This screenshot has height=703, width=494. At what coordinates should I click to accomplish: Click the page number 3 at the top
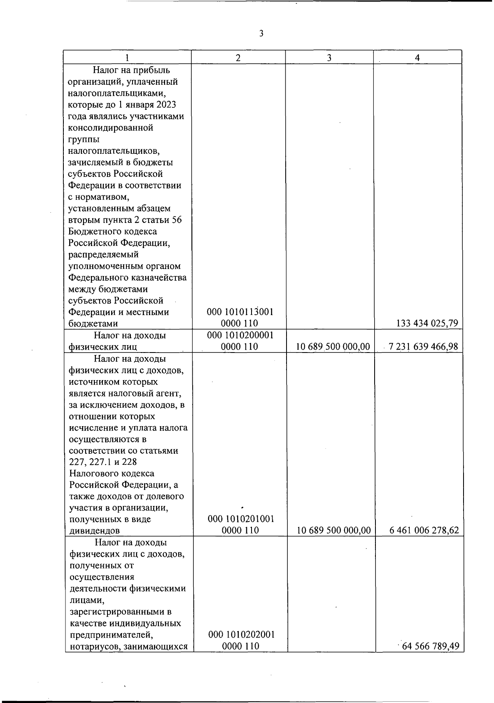[261, 34]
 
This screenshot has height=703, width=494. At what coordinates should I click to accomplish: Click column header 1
[127, 58]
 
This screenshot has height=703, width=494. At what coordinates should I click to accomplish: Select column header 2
[238, 58]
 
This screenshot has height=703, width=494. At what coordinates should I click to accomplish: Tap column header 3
[329, 58]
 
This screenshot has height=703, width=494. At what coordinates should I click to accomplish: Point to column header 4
[417, 58]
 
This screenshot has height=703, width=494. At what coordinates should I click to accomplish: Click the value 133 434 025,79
[427, 323]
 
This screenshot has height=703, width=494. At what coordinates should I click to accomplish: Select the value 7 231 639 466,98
[423, 347]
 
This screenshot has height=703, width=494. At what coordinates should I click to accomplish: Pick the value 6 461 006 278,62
[424, 531]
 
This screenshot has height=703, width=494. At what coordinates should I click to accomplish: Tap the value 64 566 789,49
[431, 646]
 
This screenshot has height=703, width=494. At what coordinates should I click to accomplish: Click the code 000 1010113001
[240, 312]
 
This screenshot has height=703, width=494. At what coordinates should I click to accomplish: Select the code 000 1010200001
[240, 335]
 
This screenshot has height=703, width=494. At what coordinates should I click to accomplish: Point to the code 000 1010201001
[241, 519]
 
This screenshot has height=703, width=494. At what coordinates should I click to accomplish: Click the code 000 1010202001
[241, 635]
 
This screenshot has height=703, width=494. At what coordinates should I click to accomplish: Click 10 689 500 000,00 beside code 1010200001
[333, 347]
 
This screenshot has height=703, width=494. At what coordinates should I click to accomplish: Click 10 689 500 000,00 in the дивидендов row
[334, 531]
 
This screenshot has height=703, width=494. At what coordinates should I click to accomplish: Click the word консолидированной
[110, 128]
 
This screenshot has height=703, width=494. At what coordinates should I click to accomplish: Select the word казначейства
[159, 278]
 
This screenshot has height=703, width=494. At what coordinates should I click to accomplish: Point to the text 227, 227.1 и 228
[103, 462]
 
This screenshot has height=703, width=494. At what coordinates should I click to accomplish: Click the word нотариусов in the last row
[91, 646]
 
